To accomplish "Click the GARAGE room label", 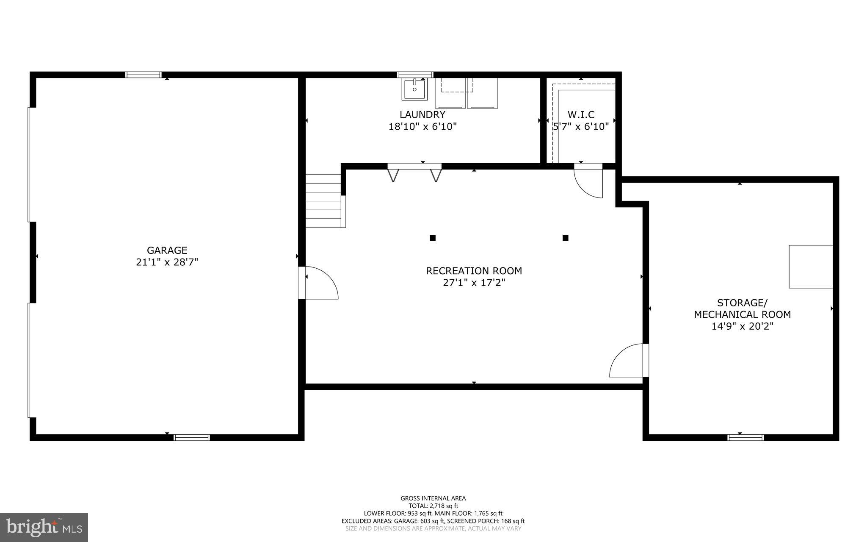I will [x=167, y=250].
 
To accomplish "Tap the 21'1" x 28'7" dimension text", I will [x=167, y=262].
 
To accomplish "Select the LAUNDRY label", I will [x=422, y=114].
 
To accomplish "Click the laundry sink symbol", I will [x=414, y=89].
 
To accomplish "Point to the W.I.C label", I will [x=581, y=114].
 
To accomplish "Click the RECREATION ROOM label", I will [x=474, y=270].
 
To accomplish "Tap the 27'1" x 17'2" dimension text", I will [x=474, y=283].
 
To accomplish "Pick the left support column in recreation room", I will [x=432, y=238].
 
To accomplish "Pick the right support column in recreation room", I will [x=565, y=238].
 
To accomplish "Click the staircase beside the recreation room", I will [x=323, y=201].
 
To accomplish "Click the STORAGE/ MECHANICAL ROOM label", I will [x=742, y=309].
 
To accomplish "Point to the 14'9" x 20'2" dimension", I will [x=742, y=326].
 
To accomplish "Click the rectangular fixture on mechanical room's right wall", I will [x=810, y=267].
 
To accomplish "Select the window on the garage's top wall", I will [x=144, y=75].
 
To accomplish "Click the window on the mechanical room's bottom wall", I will [x=746, y=437].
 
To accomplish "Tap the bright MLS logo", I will [x=44, y=527].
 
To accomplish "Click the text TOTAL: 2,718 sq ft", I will [x=433, y=506].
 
